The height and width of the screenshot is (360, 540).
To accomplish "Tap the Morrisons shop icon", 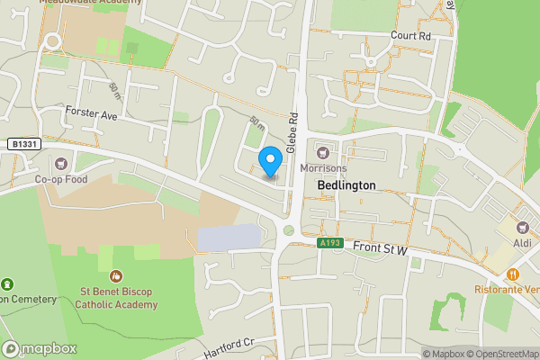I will [321, 149].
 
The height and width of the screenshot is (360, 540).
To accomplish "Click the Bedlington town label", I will [346, 184].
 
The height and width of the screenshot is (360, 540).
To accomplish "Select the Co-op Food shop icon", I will [60, 163].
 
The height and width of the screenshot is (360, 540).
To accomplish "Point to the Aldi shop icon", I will [523, 226].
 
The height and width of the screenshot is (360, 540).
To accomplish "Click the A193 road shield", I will [329, 242].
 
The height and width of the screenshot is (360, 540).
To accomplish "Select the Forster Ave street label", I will [92, 115].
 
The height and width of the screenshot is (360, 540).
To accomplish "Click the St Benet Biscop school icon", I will [115, 276].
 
